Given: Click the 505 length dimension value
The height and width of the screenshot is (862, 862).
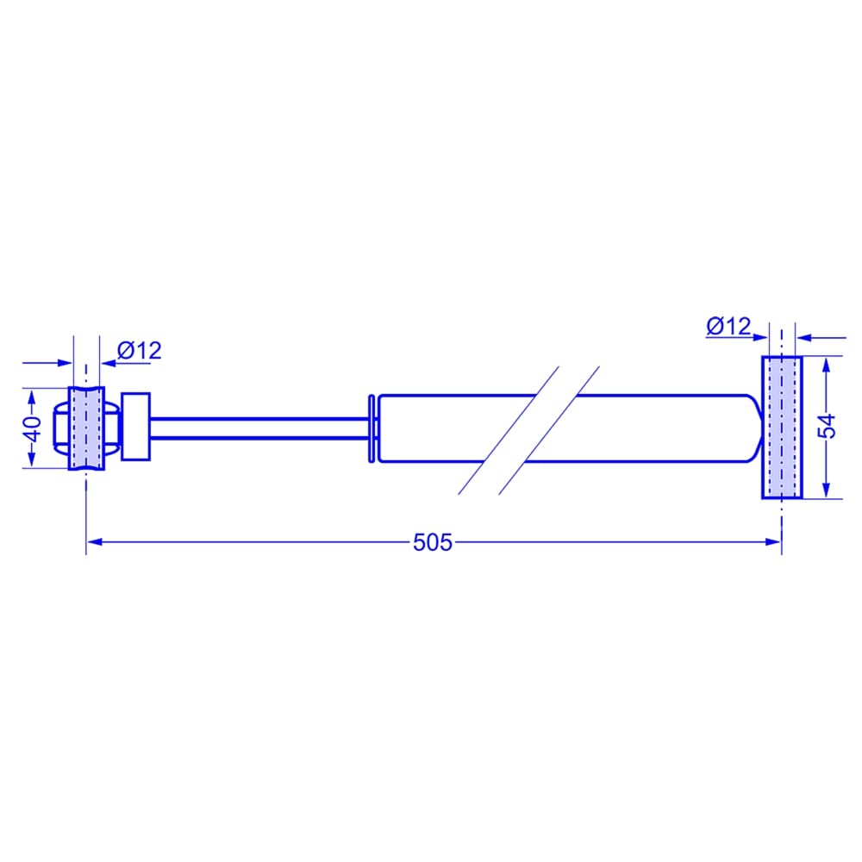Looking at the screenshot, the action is (x=432, y=542).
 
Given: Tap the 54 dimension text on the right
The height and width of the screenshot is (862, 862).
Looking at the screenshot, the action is (x=827, y=427).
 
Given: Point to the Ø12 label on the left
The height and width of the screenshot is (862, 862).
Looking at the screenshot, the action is (x=140, y=351).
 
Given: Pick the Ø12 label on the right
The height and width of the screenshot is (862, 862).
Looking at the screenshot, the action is (x=728, y=326).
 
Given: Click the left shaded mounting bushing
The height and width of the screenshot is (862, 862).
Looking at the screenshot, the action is (x=86, y=428).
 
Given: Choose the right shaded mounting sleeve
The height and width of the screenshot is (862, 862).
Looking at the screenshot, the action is (x=782, y=428).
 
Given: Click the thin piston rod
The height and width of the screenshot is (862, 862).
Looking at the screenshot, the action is (x=259, y=428).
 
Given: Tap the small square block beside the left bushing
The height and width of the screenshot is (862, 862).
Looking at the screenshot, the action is (x=136, y=427).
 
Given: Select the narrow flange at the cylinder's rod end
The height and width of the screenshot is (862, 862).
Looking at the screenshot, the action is (x=372, y=428).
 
